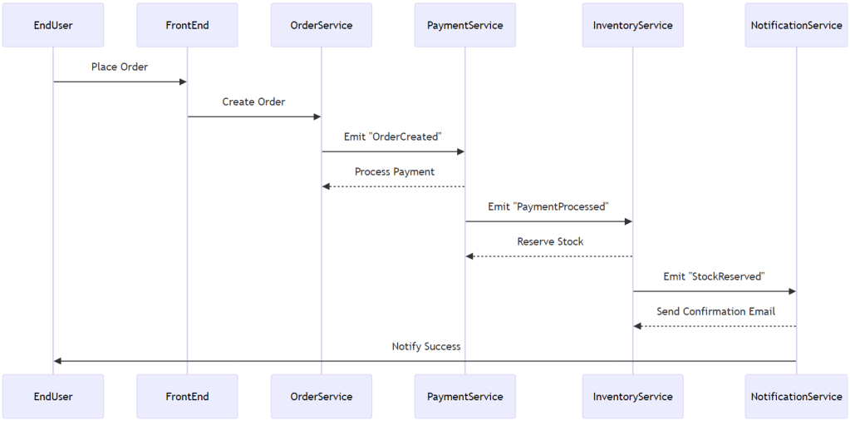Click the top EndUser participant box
pyautogui.click(x=53, y=25)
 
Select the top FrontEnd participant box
pyautogui.click(x=187, y=25)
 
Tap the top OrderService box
pyautogui.click(x=322, y=25)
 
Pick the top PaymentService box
pyautogui.click(x=464, y=25)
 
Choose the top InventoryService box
pyautogui.click(x=632, y=25)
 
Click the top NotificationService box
pyautogui.click(x=796, y=25)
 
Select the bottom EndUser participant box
pyautogui.click(x=53, y=396)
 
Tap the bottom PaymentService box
pyautogui.click(x=464, y=396)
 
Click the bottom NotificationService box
pyautogui.click(x=796, y=396)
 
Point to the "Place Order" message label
pyautogui.click(x=120, y=67)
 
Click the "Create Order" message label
pyautogui.click(x=253, y=102)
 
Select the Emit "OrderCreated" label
pyautogui.click(x=392, y=136)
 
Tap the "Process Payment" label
pyautogui.click(x=394, y=171)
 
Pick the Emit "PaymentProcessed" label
pyautogui.click(x=548, y=206)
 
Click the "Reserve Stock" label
pyautogui.click(x=550, y=241)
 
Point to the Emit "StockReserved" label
pyautogui.click(x=714, y=276)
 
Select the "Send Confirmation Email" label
pyautogui.click(x=715, y=311)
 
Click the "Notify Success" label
pyautogui.click(x=426, y=346)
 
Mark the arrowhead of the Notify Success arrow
pyautogui.click(x=57, y=361)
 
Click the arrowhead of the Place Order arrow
pyautogui.click(x=183, y=82)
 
